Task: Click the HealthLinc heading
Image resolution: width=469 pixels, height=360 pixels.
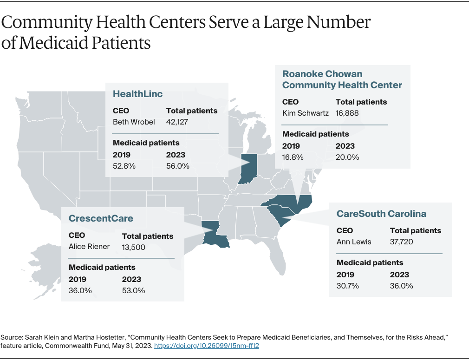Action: tap(138, 94)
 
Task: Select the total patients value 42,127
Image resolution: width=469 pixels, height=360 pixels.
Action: tap(177, 122)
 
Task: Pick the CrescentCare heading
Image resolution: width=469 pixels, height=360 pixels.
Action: tap(101, 218)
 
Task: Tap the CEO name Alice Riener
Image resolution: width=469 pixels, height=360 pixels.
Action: tap(89, 247)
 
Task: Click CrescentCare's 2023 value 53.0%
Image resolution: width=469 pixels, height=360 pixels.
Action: tap(133, 290)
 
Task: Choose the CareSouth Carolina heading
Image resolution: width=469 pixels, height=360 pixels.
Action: tap(381, 214)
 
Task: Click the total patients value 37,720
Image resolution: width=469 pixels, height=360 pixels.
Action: tap(401, 242)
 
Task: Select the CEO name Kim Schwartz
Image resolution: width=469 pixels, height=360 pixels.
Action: tap(305, 113)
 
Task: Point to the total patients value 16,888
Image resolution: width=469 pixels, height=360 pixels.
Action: tap(347, 113)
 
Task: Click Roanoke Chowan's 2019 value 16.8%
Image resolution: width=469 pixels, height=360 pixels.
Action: tap(293, 157)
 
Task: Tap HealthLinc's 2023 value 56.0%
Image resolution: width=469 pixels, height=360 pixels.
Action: tap(177, 166)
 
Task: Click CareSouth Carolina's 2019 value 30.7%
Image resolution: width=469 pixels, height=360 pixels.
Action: tap(348, 286)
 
